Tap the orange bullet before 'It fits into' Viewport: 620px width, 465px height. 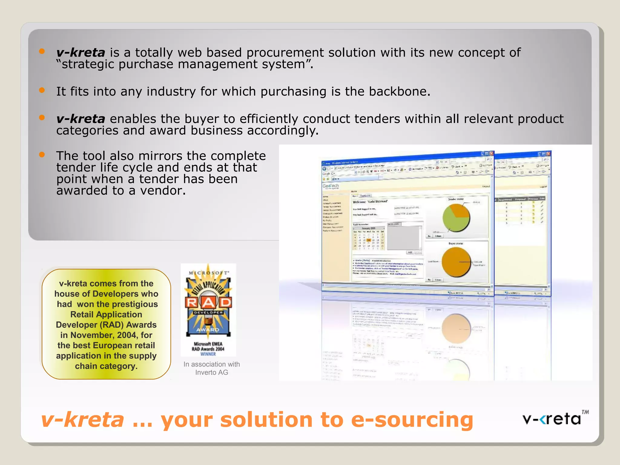42,90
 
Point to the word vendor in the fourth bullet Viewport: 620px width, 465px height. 162,191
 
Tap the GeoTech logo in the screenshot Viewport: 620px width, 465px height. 331,186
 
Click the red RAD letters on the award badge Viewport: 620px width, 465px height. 209,302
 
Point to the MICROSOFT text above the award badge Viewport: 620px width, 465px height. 209,273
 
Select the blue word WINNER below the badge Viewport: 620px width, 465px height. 208,354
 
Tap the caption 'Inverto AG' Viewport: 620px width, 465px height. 212,373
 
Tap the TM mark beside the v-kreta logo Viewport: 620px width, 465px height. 585,412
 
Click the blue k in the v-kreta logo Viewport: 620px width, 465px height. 544,420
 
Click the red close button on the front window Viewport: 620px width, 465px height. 492,153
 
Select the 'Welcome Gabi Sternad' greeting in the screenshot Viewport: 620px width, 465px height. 370,202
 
